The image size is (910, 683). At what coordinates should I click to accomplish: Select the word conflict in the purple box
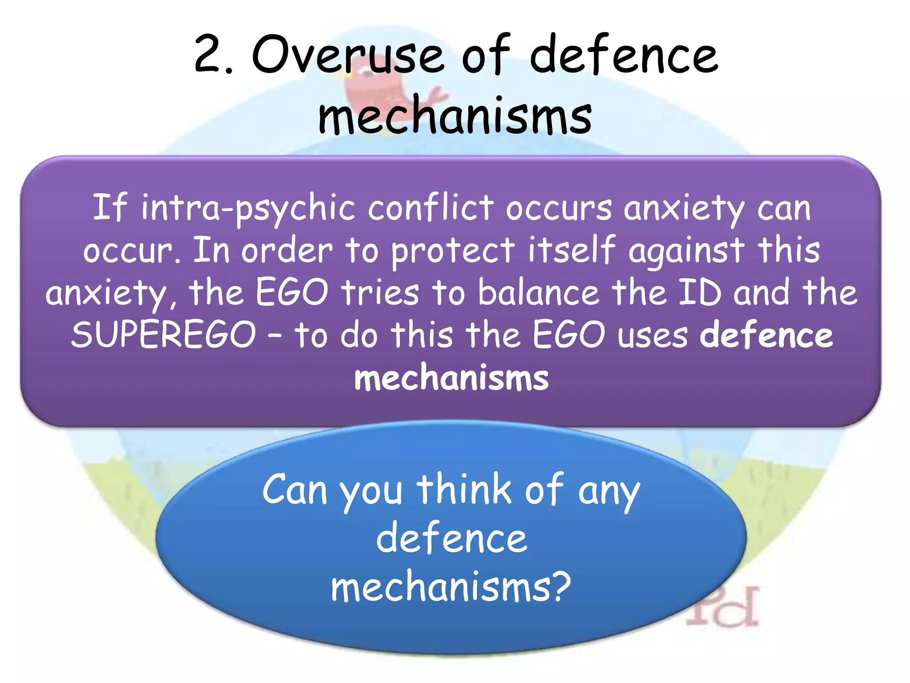[430, 208]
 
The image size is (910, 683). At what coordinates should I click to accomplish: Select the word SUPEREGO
[164, 335]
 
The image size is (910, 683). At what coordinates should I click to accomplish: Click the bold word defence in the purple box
[766, 335]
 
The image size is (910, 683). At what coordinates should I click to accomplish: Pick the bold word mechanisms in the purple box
[451, 378]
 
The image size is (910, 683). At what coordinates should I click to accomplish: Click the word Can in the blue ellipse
[295, 490]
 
